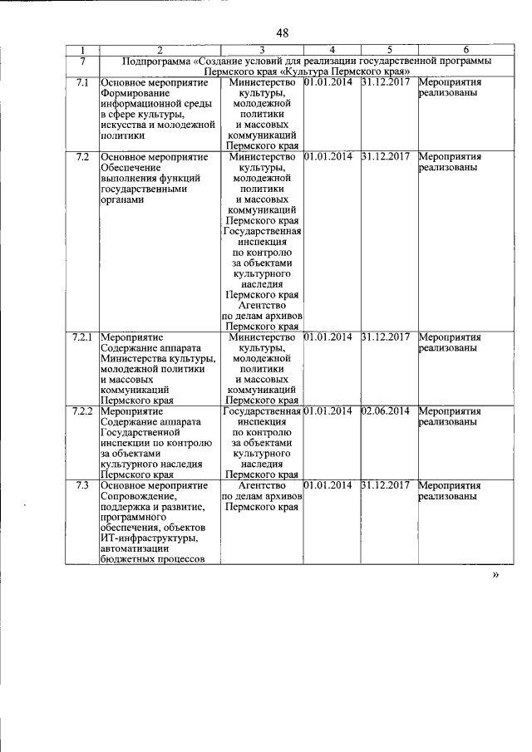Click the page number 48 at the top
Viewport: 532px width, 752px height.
point(282,33)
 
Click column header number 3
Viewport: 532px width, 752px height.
point(261,51)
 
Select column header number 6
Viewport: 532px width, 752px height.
point(465,51)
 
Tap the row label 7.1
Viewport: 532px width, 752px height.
point(81,83)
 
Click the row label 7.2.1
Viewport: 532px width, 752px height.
point(81,337)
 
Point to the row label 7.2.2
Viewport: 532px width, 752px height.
point(81,410)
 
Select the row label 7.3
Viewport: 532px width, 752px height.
point(81,484)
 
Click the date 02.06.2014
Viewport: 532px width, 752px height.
point(386,410)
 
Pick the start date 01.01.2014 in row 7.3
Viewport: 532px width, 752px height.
point(328,484)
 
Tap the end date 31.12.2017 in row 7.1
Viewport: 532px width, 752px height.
point(386,83)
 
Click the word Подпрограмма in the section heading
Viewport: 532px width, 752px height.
point(156,61)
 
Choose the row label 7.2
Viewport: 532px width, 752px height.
point(81,156)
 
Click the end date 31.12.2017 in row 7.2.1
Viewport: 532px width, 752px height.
point(386,337)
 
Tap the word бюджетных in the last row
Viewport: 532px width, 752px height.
point(126,560)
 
